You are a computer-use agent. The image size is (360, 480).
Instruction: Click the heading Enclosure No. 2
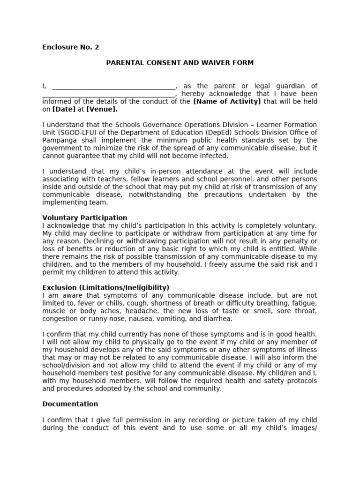coord(71,47)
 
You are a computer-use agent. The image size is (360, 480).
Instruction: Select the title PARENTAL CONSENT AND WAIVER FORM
coord(180,63)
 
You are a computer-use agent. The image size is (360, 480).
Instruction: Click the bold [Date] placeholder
coord(64,109)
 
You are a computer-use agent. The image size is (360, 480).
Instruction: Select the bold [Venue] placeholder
coord(102,109)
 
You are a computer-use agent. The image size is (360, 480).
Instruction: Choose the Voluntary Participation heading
coord(85,217)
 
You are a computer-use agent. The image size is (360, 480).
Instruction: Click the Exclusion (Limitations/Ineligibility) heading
coord(106,287)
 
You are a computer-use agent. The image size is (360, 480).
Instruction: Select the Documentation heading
coord(70,404)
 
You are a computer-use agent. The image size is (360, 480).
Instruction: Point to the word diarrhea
coord(217,318)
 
